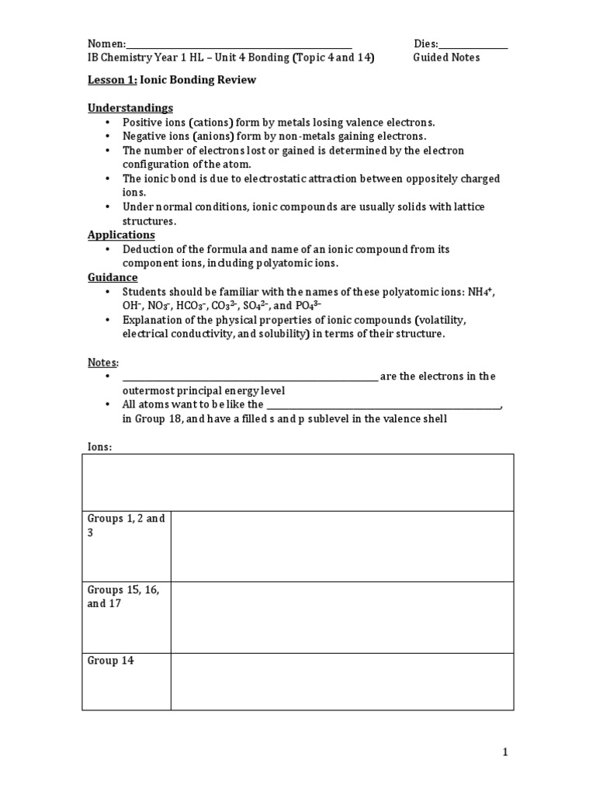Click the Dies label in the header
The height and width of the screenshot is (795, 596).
coord(425,44)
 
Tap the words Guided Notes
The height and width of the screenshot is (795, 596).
coord(446,57)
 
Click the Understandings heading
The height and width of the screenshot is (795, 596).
coord(130,108)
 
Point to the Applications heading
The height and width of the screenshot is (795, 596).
coord(121,234)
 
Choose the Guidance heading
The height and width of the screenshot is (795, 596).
coord(113,277)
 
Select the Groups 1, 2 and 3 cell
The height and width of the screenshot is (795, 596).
coord(126,526)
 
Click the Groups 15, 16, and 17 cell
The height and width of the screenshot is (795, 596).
coord(126,596)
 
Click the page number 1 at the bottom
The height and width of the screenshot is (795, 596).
coord(504,752)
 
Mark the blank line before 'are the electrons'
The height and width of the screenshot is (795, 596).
coord(250,378)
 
